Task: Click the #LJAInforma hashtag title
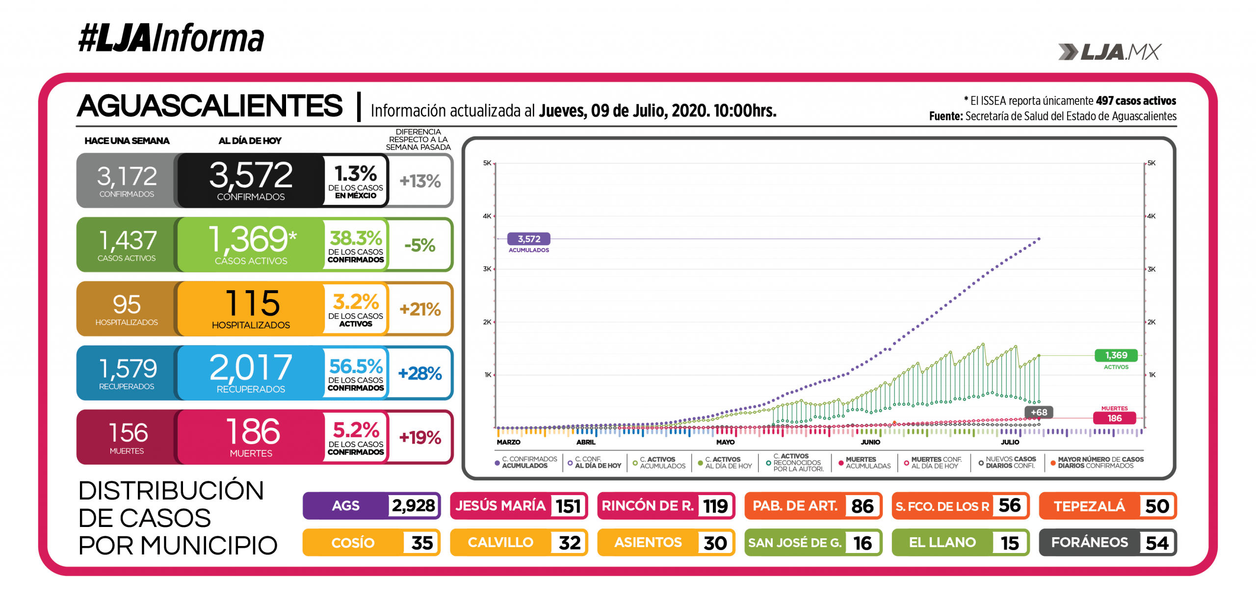coord(171,38)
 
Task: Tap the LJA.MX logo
coord(1109,52)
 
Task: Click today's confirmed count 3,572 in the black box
coord(251,175)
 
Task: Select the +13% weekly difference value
coord(420,181)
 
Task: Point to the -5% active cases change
coord(420,245)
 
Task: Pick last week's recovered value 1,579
coord(128,368)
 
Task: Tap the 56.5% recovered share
coord(356,366)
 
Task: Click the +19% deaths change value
coord(420,437)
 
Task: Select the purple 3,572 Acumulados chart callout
coord(529,239)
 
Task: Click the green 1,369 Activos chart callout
coord(1116,355)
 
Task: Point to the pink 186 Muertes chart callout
coord(1114,418)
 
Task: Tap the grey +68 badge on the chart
coord(1039,412)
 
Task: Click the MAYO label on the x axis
coord(725,442)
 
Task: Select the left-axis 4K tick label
coord(487,216)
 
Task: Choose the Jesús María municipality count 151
coord(568,506)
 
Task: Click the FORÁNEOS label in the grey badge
coord(1089,542)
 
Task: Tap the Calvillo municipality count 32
coord(569,543)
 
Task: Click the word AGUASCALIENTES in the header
coord(210,106)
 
